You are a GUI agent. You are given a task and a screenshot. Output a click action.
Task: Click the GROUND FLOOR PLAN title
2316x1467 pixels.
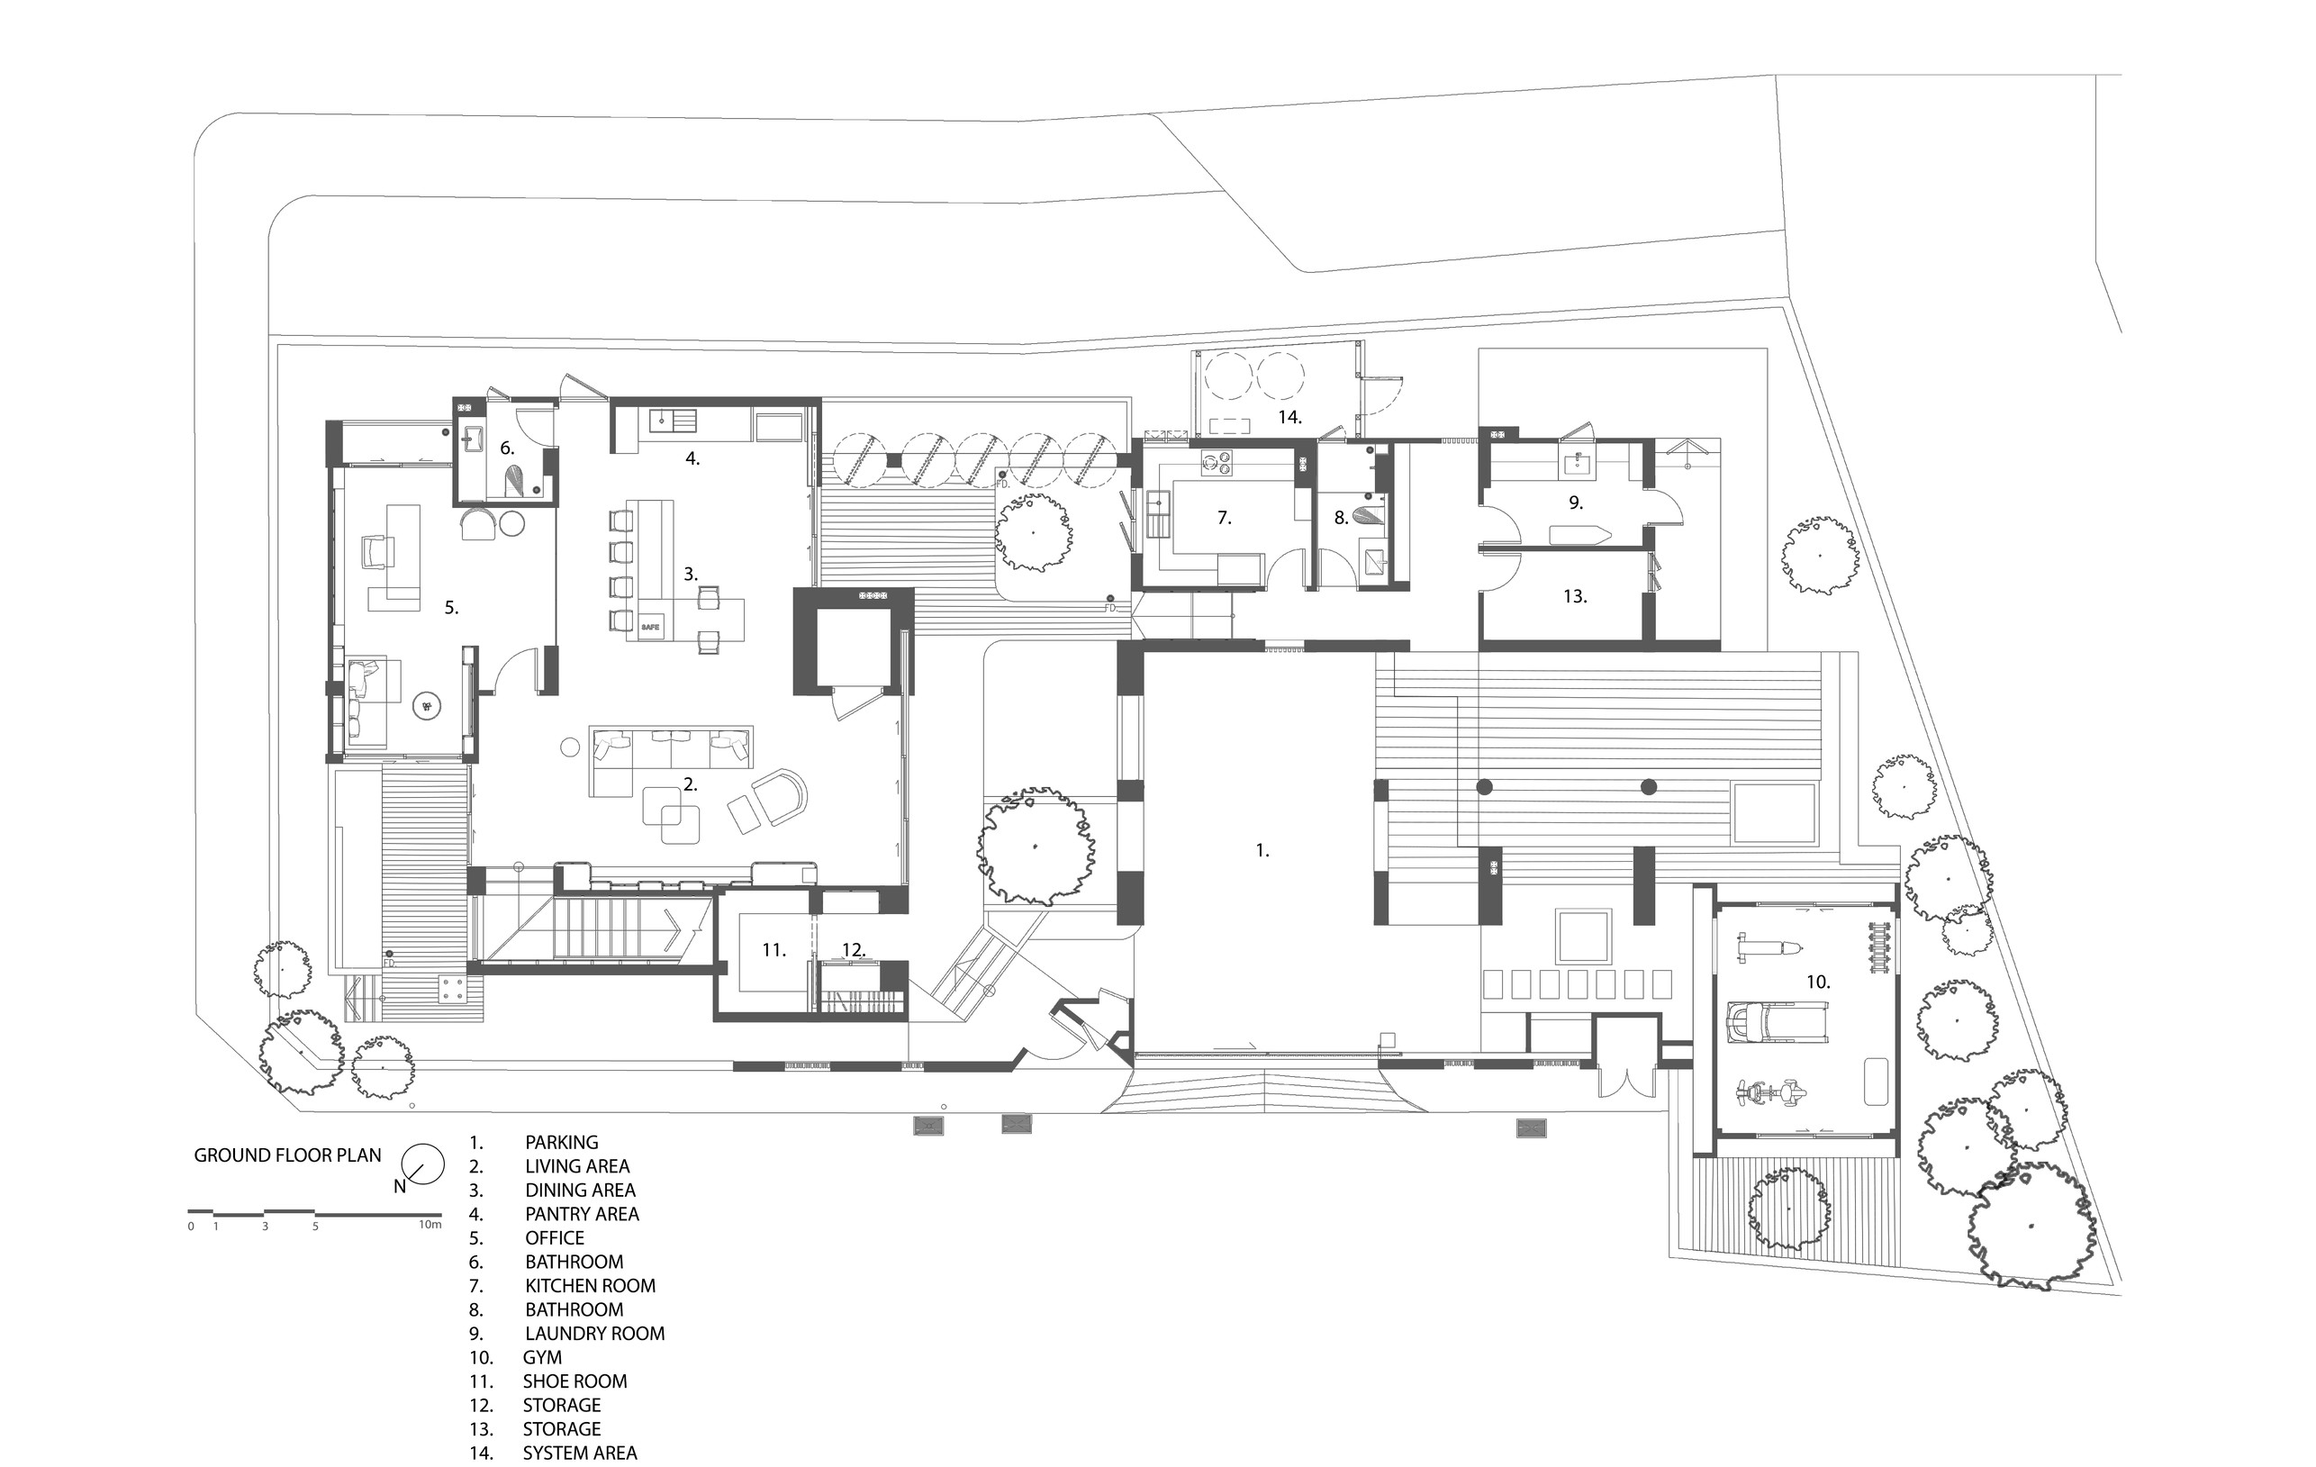pos(287,1155)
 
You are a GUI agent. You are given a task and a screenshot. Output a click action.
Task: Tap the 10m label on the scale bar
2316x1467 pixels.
pos(430,1225)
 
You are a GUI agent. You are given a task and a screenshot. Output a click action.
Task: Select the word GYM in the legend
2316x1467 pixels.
pos(542,1357)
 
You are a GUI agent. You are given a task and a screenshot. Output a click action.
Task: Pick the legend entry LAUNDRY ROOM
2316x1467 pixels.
pos(594,1334)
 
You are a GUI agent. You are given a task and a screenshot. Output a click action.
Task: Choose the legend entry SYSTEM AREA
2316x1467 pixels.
pos(580,1453)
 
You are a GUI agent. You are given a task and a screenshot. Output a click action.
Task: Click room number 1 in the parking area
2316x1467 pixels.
pos(1262,850)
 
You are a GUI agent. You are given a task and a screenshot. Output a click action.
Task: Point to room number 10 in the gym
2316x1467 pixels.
pos(1818,983)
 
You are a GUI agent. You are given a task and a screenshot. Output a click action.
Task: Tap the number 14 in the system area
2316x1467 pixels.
pos(1289,418)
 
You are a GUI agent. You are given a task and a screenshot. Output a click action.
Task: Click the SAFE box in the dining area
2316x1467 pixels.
pos(650,627)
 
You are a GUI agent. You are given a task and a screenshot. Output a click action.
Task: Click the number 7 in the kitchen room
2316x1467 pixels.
pos(1225,518)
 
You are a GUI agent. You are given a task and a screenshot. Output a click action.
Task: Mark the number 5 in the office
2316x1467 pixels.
pos(451,608)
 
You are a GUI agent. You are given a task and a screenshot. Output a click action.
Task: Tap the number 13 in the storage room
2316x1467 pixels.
pos(1574,596)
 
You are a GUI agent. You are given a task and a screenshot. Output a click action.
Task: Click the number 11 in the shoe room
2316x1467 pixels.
pos(774,950)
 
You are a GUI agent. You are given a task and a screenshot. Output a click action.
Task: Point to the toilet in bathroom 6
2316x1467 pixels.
pos(518,480)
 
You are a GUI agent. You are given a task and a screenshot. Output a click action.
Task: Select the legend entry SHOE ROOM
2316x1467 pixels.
pos(575,1381)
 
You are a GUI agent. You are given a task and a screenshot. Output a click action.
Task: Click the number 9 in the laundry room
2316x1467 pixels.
pos(1576,503)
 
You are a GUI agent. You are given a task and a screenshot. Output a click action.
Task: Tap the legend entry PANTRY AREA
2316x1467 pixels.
pos(582,1214)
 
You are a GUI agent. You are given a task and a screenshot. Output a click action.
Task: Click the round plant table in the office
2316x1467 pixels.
pos(426,707)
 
